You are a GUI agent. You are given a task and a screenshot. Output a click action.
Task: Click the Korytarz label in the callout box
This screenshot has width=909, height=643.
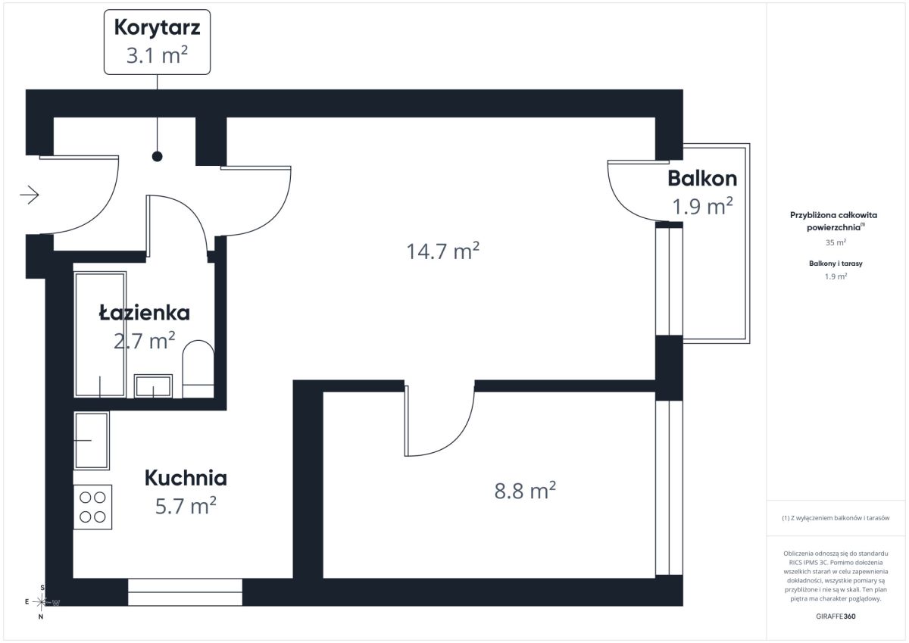(x=157, y=27)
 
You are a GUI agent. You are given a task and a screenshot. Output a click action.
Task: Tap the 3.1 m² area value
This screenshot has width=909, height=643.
(x=157, y=55)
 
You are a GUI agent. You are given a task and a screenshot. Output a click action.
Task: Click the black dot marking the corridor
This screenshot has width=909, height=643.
(x=157, y=156)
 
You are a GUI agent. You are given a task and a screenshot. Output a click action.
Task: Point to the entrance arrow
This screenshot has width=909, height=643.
(x=30, y=195)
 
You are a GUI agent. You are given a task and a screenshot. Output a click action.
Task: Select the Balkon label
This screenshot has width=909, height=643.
(x=702, y=179)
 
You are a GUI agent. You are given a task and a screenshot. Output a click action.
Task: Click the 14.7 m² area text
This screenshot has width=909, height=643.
(x=442, y=251)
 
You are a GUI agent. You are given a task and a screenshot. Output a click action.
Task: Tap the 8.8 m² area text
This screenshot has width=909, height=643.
(x=525, y=490)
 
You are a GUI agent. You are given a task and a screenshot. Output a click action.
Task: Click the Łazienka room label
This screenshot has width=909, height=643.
(x=145, y=313)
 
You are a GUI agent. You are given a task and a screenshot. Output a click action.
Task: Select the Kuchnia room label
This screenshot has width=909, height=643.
(x=186, y=478)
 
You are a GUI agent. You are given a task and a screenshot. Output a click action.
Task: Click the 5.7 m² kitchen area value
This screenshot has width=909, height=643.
(x=186, y=505)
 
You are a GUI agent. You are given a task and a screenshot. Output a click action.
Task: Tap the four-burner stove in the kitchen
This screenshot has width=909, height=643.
(x=92, y=507)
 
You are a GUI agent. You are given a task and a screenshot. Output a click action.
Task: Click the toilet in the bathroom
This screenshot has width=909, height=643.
(x=198, y=369)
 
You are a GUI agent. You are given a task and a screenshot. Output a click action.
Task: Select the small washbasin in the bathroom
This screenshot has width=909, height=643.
(x=153, y=385)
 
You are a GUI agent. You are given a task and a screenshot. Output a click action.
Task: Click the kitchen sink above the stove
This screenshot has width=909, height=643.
(x=92, y=441)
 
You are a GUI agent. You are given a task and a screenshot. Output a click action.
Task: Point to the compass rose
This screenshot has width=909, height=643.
(x=42, y=602)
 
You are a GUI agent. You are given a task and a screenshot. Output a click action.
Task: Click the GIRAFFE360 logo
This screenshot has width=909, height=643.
(x=836, y=616)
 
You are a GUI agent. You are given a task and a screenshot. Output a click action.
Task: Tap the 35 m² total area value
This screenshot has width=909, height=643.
(x=836, y=242)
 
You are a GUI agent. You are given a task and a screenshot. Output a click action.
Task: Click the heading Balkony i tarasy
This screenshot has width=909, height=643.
(x=836, y=264)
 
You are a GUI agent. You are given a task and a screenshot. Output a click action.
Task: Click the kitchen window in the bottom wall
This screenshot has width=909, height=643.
(x=185, y=592)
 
